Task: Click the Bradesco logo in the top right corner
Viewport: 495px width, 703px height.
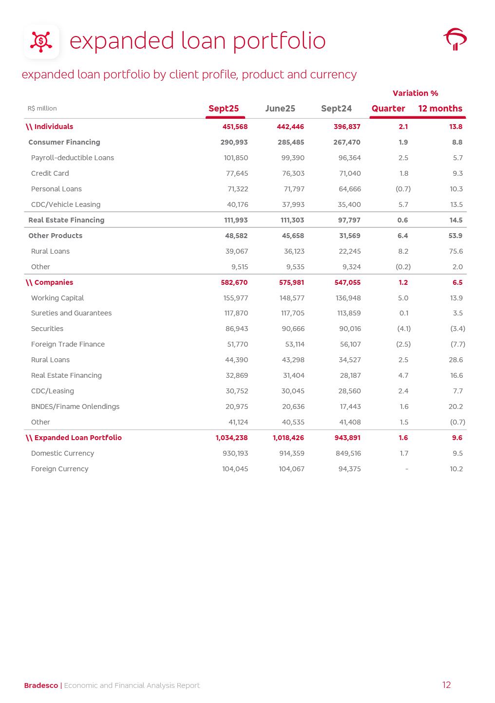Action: [x=455, y=39]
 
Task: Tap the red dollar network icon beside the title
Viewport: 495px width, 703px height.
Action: [x=41, y=41]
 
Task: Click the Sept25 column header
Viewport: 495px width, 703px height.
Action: [x=224, y=109]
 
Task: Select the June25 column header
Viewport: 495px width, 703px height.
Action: [x=280, y=109]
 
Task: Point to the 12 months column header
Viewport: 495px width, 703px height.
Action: [x=440, y=109]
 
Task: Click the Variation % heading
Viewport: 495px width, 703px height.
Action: [x=415, y=93]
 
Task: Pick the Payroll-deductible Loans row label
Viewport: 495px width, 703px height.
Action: [x=72, y=158]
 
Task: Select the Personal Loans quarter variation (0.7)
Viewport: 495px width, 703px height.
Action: [x=403, y=189]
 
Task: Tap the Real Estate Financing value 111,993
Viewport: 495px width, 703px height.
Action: [x=236, y=220]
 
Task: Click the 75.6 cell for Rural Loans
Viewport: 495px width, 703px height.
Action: [x=456, y=251]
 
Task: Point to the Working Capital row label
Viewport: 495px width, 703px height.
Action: [x=57, y=298]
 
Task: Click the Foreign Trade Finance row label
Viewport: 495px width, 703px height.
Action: [x=68, y=344]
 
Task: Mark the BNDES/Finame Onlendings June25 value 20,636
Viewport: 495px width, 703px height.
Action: [x=293, y=407]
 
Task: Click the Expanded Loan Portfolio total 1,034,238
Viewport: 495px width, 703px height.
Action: [x=231, y=438]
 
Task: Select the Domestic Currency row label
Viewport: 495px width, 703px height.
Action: [x=62, y=453]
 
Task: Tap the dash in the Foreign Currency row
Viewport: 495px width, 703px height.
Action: [x=406, y=469]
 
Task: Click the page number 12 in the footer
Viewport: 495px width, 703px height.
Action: [x=446, y=685]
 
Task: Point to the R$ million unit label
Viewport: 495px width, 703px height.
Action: [x=42, y=109]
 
